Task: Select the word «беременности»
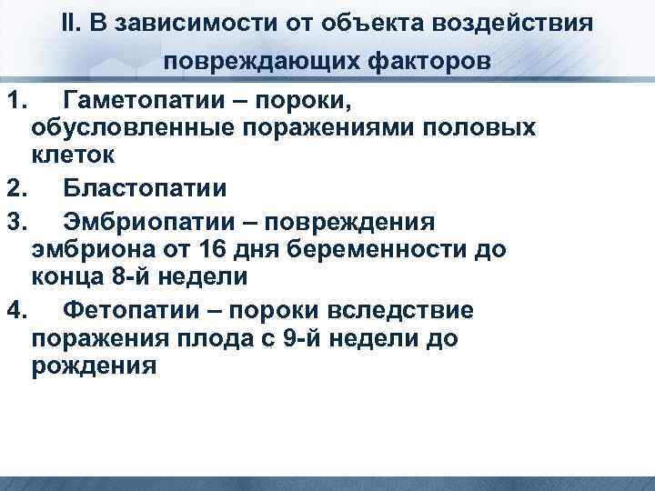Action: click(378, 250)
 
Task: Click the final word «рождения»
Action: click(93, 366)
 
